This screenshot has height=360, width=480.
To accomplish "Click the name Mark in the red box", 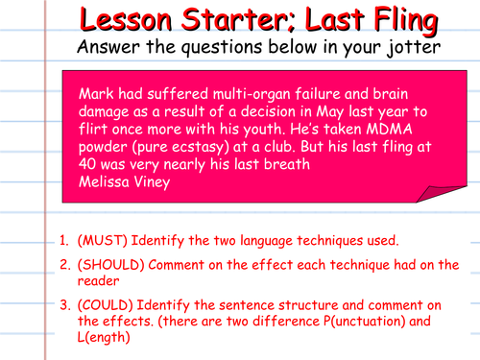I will coord(95,93).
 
